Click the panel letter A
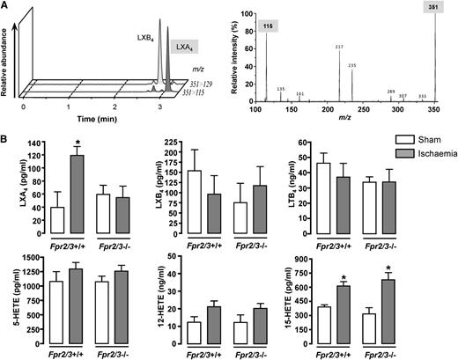tap(7, 6)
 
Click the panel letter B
tap(7, 134)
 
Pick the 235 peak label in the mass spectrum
tap(352, 64)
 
